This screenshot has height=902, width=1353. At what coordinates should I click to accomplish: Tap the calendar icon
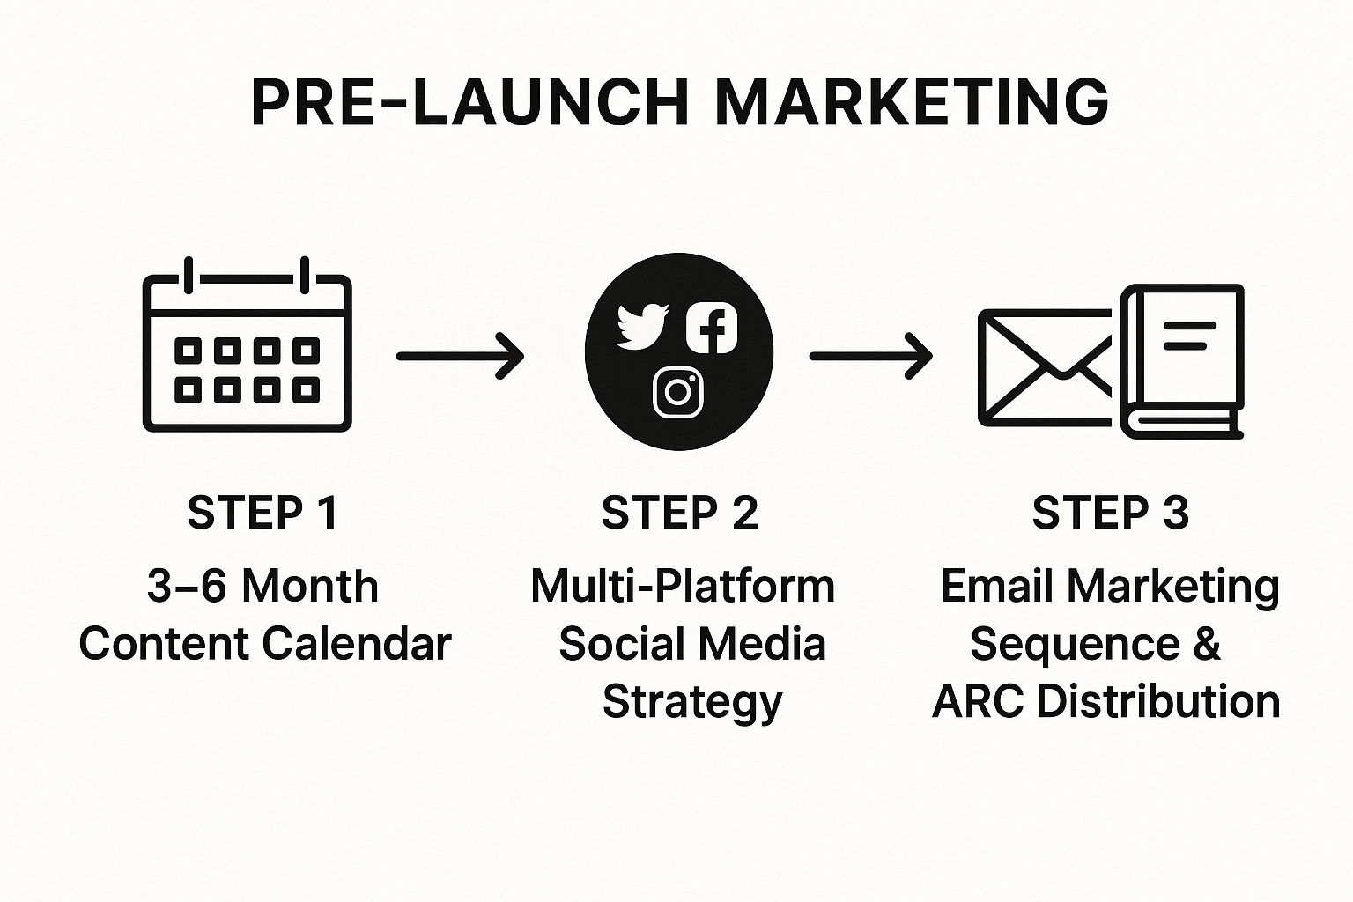point(247,344)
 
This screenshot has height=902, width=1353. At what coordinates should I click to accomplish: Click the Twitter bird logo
point(642,326)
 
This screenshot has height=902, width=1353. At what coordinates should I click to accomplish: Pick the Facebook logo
point(712,328)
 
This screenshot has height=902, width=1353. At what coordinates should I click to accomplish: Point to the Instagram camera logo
point(678,392)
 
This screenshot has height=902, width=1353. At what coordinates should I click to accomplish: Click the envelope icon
point(1045,368)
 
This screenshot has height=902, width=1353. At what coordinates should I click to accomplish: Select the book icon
point(1182,361)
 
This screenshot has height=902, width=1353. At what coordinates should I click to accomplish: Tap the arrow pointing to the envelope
point(871,357)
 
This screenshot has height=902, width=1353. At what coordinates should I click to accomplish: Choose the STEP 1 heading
point(262,513)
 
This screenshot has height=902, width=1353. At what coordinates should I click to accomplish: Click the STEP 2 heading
point(679,513)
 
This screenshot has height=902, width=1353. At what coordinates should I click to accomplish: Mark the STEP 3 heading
point(1110,513)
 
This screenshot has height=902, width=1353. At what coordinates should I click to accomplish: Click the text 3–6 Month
point(262,586)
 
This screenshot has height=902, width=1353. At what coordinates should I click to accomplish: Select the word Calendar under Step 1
point(358,643)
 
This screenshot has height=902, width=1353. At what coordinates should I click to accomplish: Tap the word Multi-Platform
point(683,586)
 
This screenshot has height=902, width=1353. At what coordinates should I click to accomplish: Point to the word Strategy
point(692,702)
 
